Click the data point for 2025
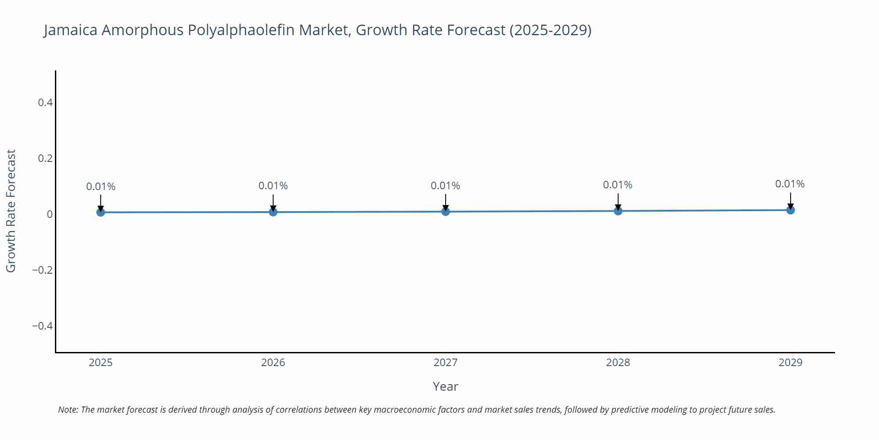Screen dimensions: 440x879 point(101,212)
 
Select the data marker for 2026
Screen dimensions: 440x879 point(273,212)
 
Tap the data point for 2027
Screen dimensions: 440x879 point(446,211)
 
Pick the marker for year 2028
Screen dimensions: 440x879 point(618,211)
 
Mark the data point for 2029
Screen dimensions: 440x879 point(790,210)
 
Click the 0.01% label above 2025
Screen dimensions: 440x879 point(101,187)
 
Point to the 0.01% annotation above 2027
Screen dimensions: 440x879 point(445,186)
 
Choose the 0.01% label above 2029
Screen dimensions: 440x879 point(790,184)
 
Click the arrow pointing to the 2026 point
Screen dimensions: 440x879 point(273,202)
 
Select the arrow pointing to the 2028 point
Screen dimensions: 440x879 point(618,202)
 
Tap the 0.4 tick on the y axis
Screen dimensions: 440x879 point(45,103)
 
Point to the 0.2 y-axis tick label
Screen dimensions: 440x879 point(45,158)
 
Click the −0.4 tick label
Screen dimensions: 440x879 point(43,326)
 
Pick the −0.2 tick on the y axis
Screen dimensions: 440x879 point(43,270)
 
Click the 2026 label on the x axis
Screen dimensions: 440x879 point(273,363)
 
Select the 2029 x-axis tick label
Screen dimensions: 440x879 point(790,363)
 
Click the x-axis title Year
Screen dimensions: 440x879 point(445,386)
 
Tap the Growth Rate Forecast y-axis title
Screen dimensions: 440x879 point(11,211)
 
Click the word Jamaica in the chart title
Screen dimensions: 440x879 point(70,30)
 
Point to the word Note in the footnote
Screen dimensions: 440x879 point(68,410)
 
